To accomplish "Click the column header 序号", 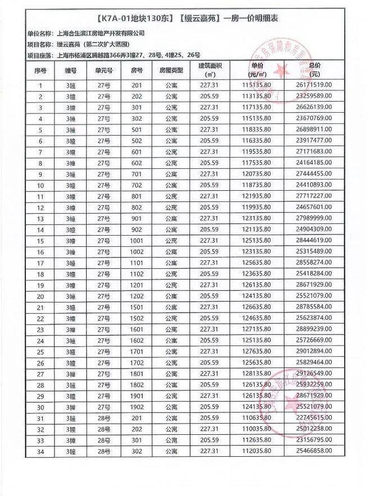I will [x=40, y=71].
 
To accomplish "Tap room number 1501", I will [x=137, y=307].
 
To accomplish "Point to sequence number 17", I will [x=40, y=263].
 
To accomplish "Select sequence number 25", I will [x=40, y=352].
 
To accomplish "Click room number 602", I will [x=137, y=163].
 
